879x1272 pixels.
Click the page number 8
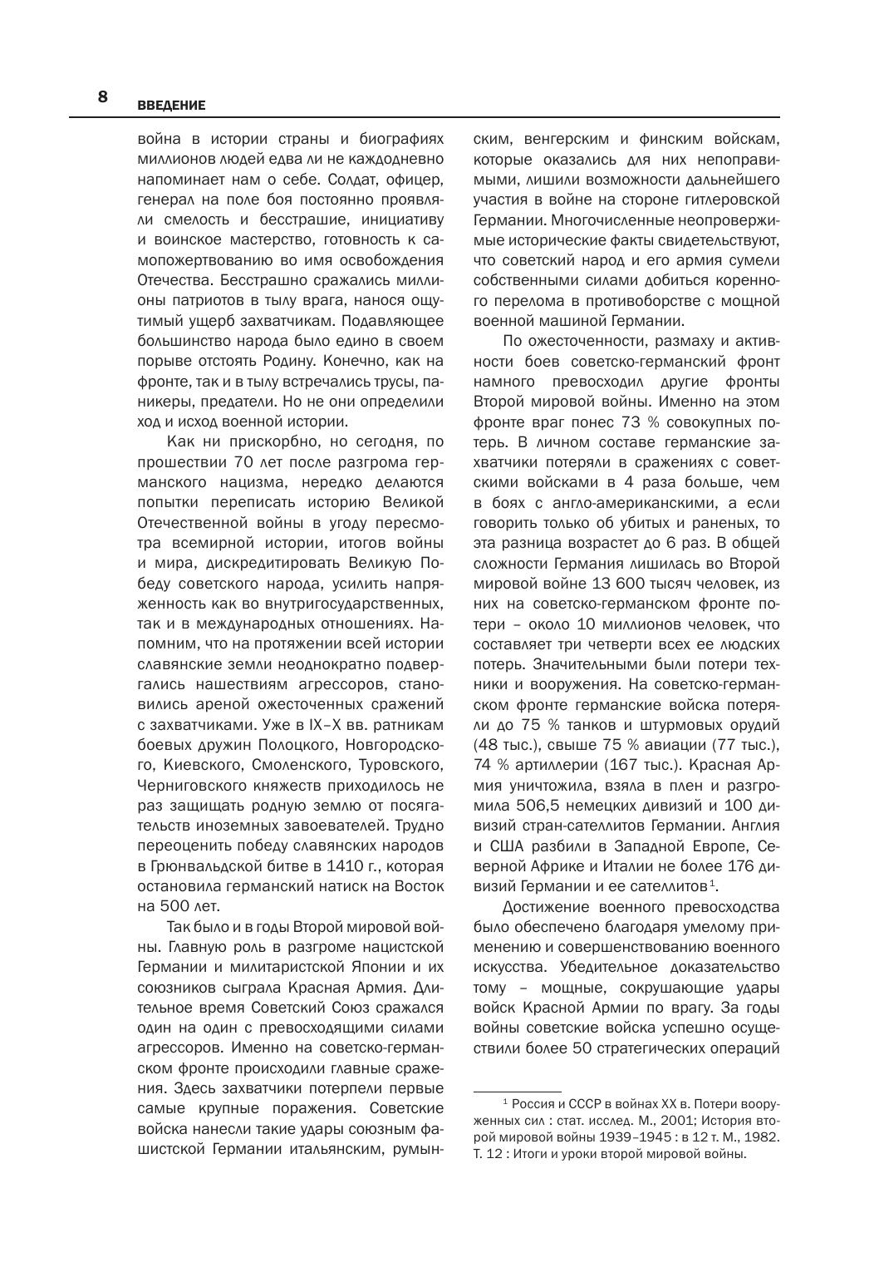pos(103,96)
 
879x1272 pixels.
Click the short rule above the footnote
pos(517,1091)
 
